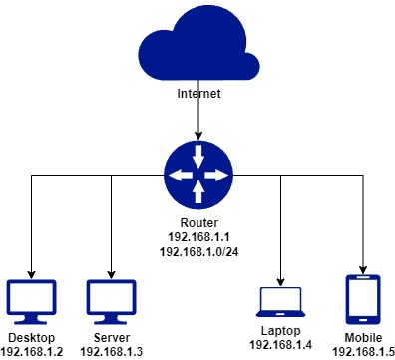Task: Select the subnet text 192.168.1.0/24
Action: tap(197, 254)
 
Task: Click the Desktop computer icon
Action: tap(31, 299)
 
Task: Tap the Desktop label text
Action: tap(31, 337)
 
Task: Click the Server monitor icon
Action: tap(111, 299)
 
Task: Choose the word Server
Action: tap(111, 337)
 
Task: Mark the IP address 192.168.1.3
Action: tap(111, 351)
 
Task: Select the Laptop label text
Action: tap(280, 330)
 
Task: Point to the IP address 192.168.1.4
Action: tap(280, 344)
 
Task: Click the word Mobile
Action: tap(361, 337)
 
